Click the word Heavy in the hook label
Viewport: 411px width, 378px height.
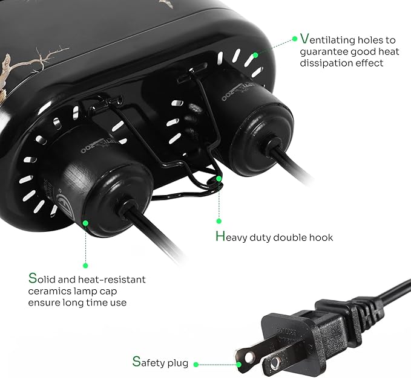pos(231,237)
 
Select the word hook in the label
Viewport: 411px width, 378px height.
pos(321,237)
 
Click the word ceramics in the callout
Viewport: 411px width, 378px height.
pos(50,291)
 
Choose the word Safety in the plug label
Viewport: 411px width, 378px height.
pos(150,363)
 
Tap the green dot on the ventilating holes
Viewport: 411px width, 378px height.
pos(256,54)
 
